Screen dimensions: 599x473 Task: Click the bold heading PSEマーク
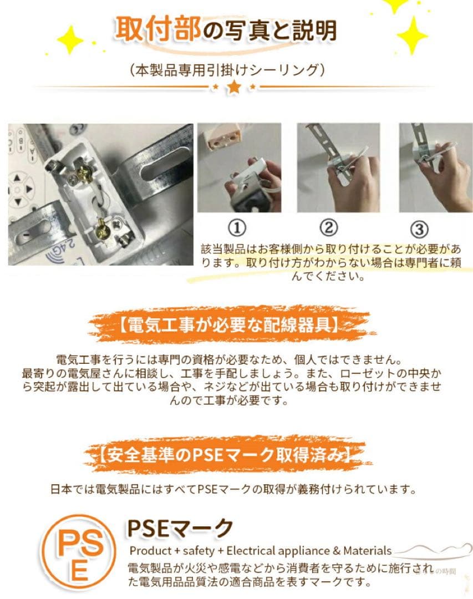coord(180,528)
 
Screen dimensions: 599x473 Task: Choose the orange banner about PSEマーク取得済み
coord(225,456)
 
